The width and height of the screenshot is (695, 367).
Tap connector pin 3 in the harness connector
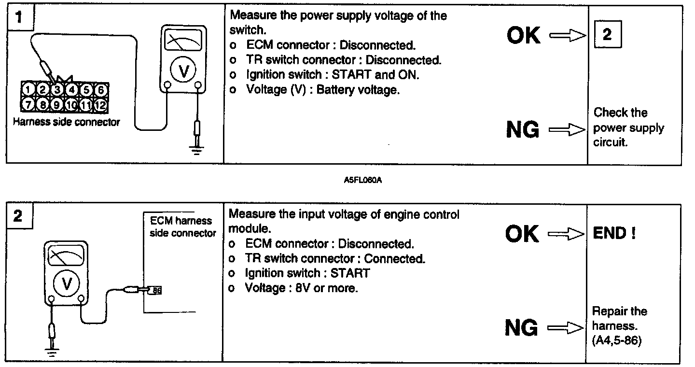click(57, 89)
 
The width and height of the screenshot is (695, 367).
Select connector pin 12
click(101, 104)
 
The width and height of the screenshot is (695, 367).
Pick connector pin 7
click(28, 104)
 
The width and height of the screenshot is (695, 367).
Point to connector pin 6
click(101, 89)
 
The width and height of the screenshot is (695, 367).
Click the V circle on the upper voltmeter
click(183, 71)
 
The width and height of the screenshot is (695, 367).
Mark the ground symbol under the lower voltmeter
click(52, 353)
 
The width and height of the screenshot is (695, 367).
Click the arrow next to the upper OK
click(568, 35)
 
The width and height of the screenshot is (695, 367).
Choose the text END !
click(614, 234)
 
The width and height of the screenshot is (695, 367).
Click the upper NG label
click(523, 129)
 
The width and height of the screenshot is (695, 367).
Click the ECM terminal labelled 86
click(156, 290)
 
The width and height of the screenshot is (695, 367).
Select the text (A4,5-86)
click(616, 341)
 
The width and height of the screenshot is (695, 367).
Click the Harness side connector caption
click(66, 122)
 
